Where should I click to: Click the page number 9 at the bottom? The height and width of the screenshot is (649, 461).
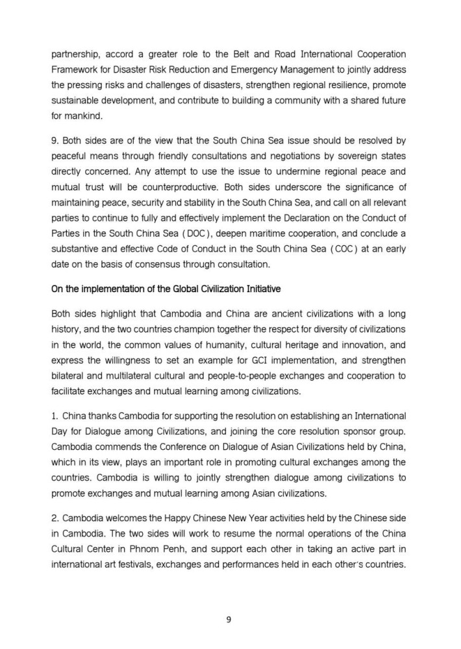pyautogui.click(x=228, y=619)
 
